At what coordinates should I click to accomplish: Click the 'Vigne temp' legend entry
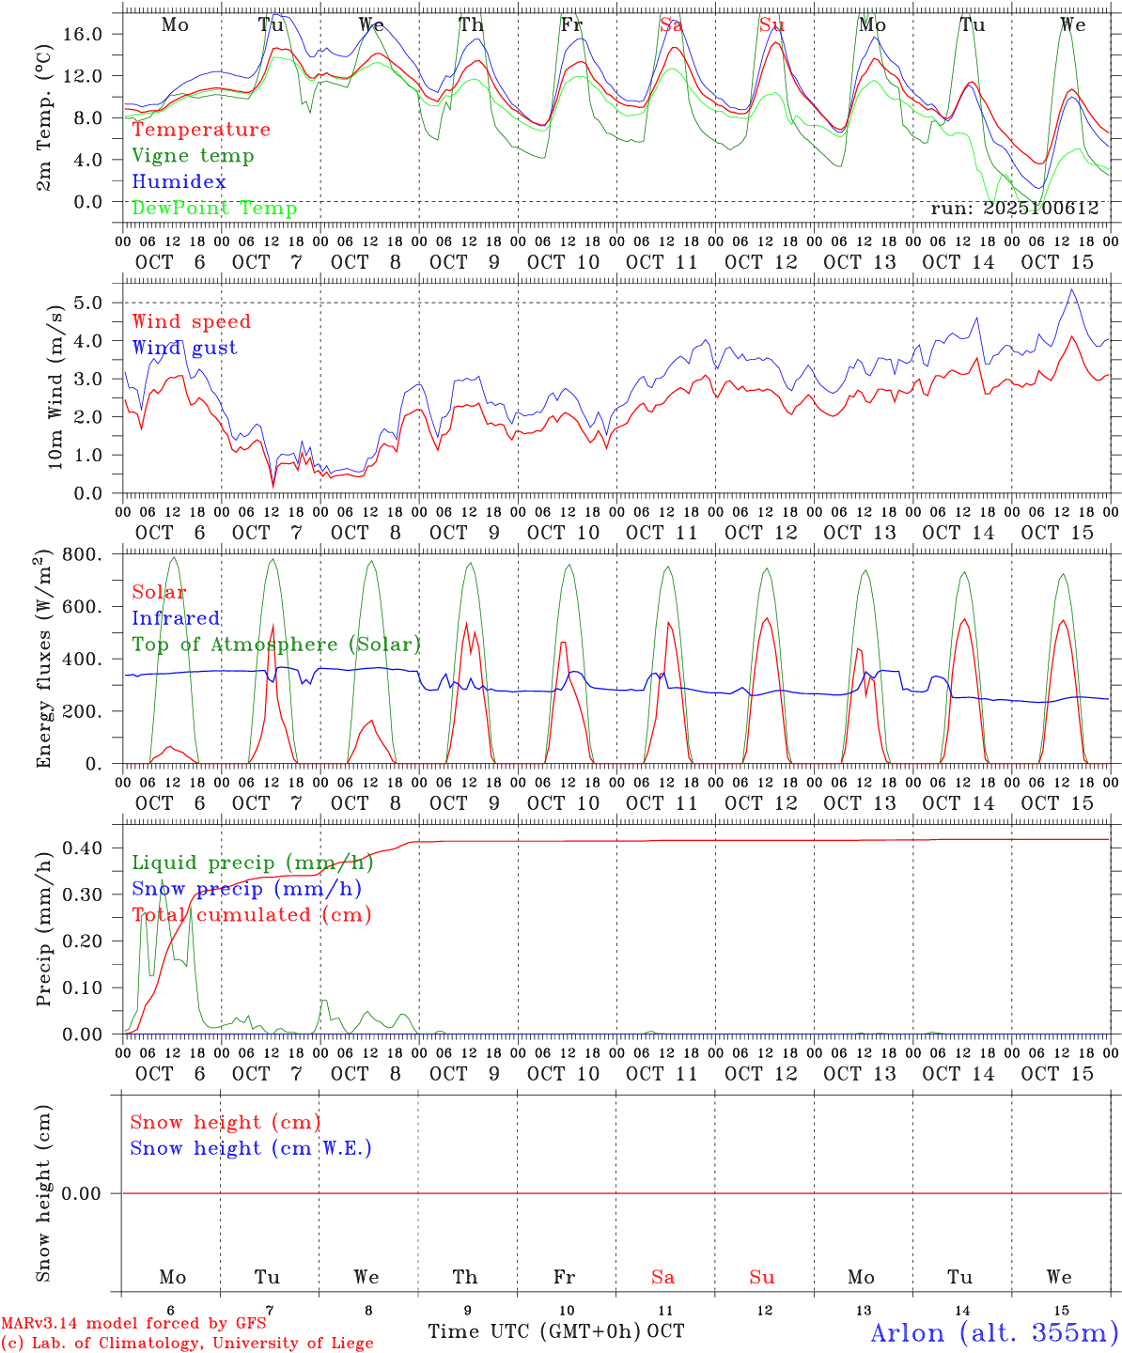tap(193, 156)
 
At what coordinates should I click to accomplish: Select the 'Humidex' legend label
tap(179, 182)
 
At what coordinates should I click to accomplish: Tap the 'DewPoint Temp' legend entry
tap(214, 209)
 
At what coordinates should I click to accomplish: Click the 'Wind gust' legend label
tap(184, 348)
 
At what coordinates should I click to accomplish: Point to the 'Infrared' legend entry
tap(176, 618)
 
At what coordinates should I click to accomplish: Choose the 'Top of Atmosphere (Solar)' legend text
tap(275, 645)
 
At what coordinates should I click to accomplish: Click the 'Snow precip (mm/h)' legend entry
tap(246, 889)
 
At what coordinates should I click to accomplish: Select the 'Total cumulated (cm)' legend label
tap(251, 915)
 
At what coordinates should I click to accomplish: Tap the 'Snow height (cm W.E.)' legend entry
tap(250, 1148)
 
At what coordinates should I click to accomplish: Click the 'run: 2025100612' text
tap(1014, 209)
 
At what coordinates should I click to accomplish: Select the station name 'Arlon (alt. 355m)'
tap(994, 1332)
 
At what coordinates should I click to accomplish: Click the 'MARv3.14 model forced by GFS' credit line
tap(133, 1324)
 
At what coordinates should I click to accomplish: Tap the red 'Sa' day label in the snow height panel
tap(662, 1277)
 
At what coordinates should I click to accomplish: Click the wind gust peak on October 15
tap(1071, 289)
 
